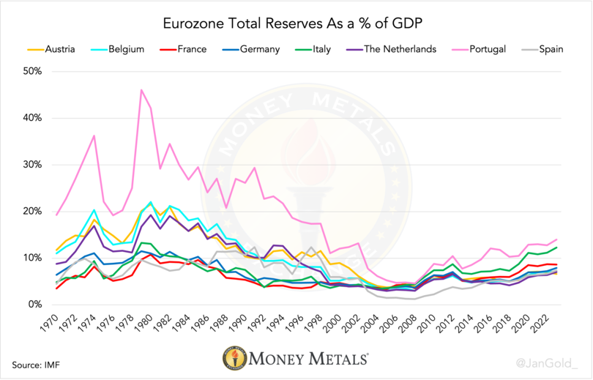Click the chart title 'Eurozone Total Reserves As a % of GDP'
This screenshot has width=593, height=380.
pyautogui.click(x=296, y=24)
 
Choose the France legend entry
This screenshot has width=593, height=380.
pyautogui.click(x=187, y=50)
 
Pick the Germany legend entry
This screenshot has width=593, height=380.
pyautogui.click(x=253, y=50)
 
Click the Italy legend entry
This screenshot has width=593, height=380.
pyautogui.click(x=316, y=50)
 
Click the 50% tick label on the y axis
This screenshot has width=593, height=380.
pyautogui.click(x=34, y=72)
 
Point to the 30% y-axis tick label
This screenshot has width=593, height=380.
pyautogui.click(x=34, y=165)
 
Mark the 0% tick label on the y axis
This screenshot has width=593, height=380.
pyautogui.click(x=36, y=304)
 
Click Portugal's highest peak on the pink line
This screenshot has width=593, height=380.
pyautogui.click(x=141, y=90)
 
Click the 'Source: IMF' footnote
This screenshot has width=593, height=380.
pyautogui.click(x=34, y=364)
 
